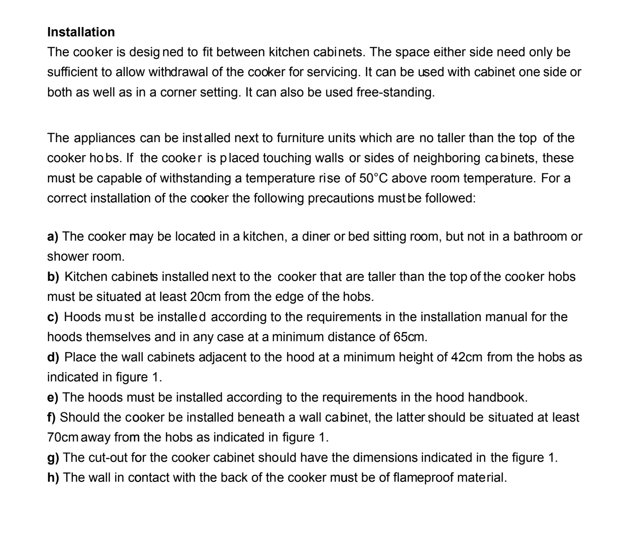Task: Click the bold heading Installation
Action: point(81,32)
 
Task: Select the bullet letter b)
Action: point(53,277)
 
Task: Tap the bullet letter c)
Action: point(53,317)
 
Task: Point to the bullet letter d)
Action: point(53,357)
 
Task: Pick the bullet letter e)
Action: point(53,397)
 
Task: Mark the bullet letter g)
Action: point(53,458)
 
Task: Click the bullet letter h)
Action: point(53,478)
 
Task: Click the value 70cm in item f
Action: point(63,438)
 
